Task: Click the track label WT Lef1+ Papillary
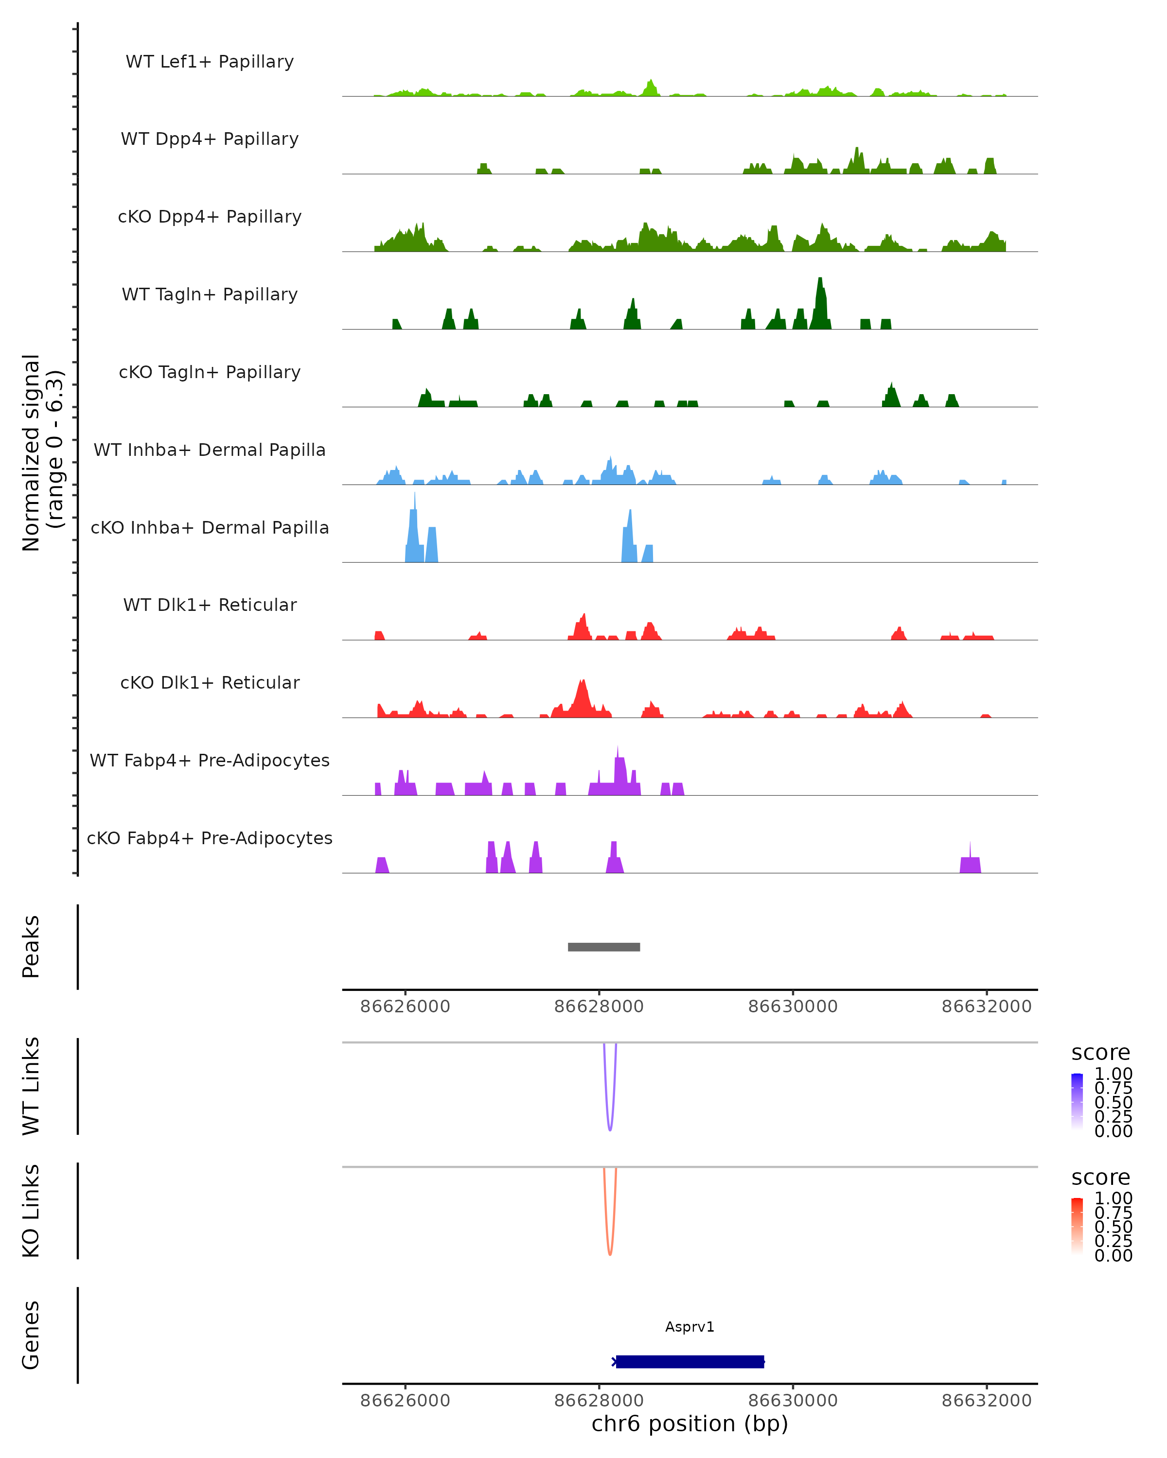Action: [x=210, y=62]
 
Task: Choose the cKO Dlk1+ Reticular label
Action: [x=210, y=682]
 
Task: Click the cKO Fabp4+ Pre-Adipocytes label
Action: [x=210, y=838]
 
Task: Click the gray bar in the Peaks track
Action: [x=603, y=947]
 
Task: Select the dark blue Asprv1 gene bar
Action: [x=690, y=1361]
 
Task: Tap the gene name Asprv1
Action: [x=690, y=1327]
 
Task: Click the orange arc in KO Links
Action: [x=610, y=1252]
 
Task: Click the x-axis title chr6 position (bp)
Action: [x=690, y=1423]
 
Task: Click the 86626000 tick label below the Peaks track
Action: [x=405, y=1007]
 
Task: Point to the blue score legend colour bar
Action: [x=1077, y=1102]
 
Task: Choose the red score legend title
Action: [x=1100, y=1178]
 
